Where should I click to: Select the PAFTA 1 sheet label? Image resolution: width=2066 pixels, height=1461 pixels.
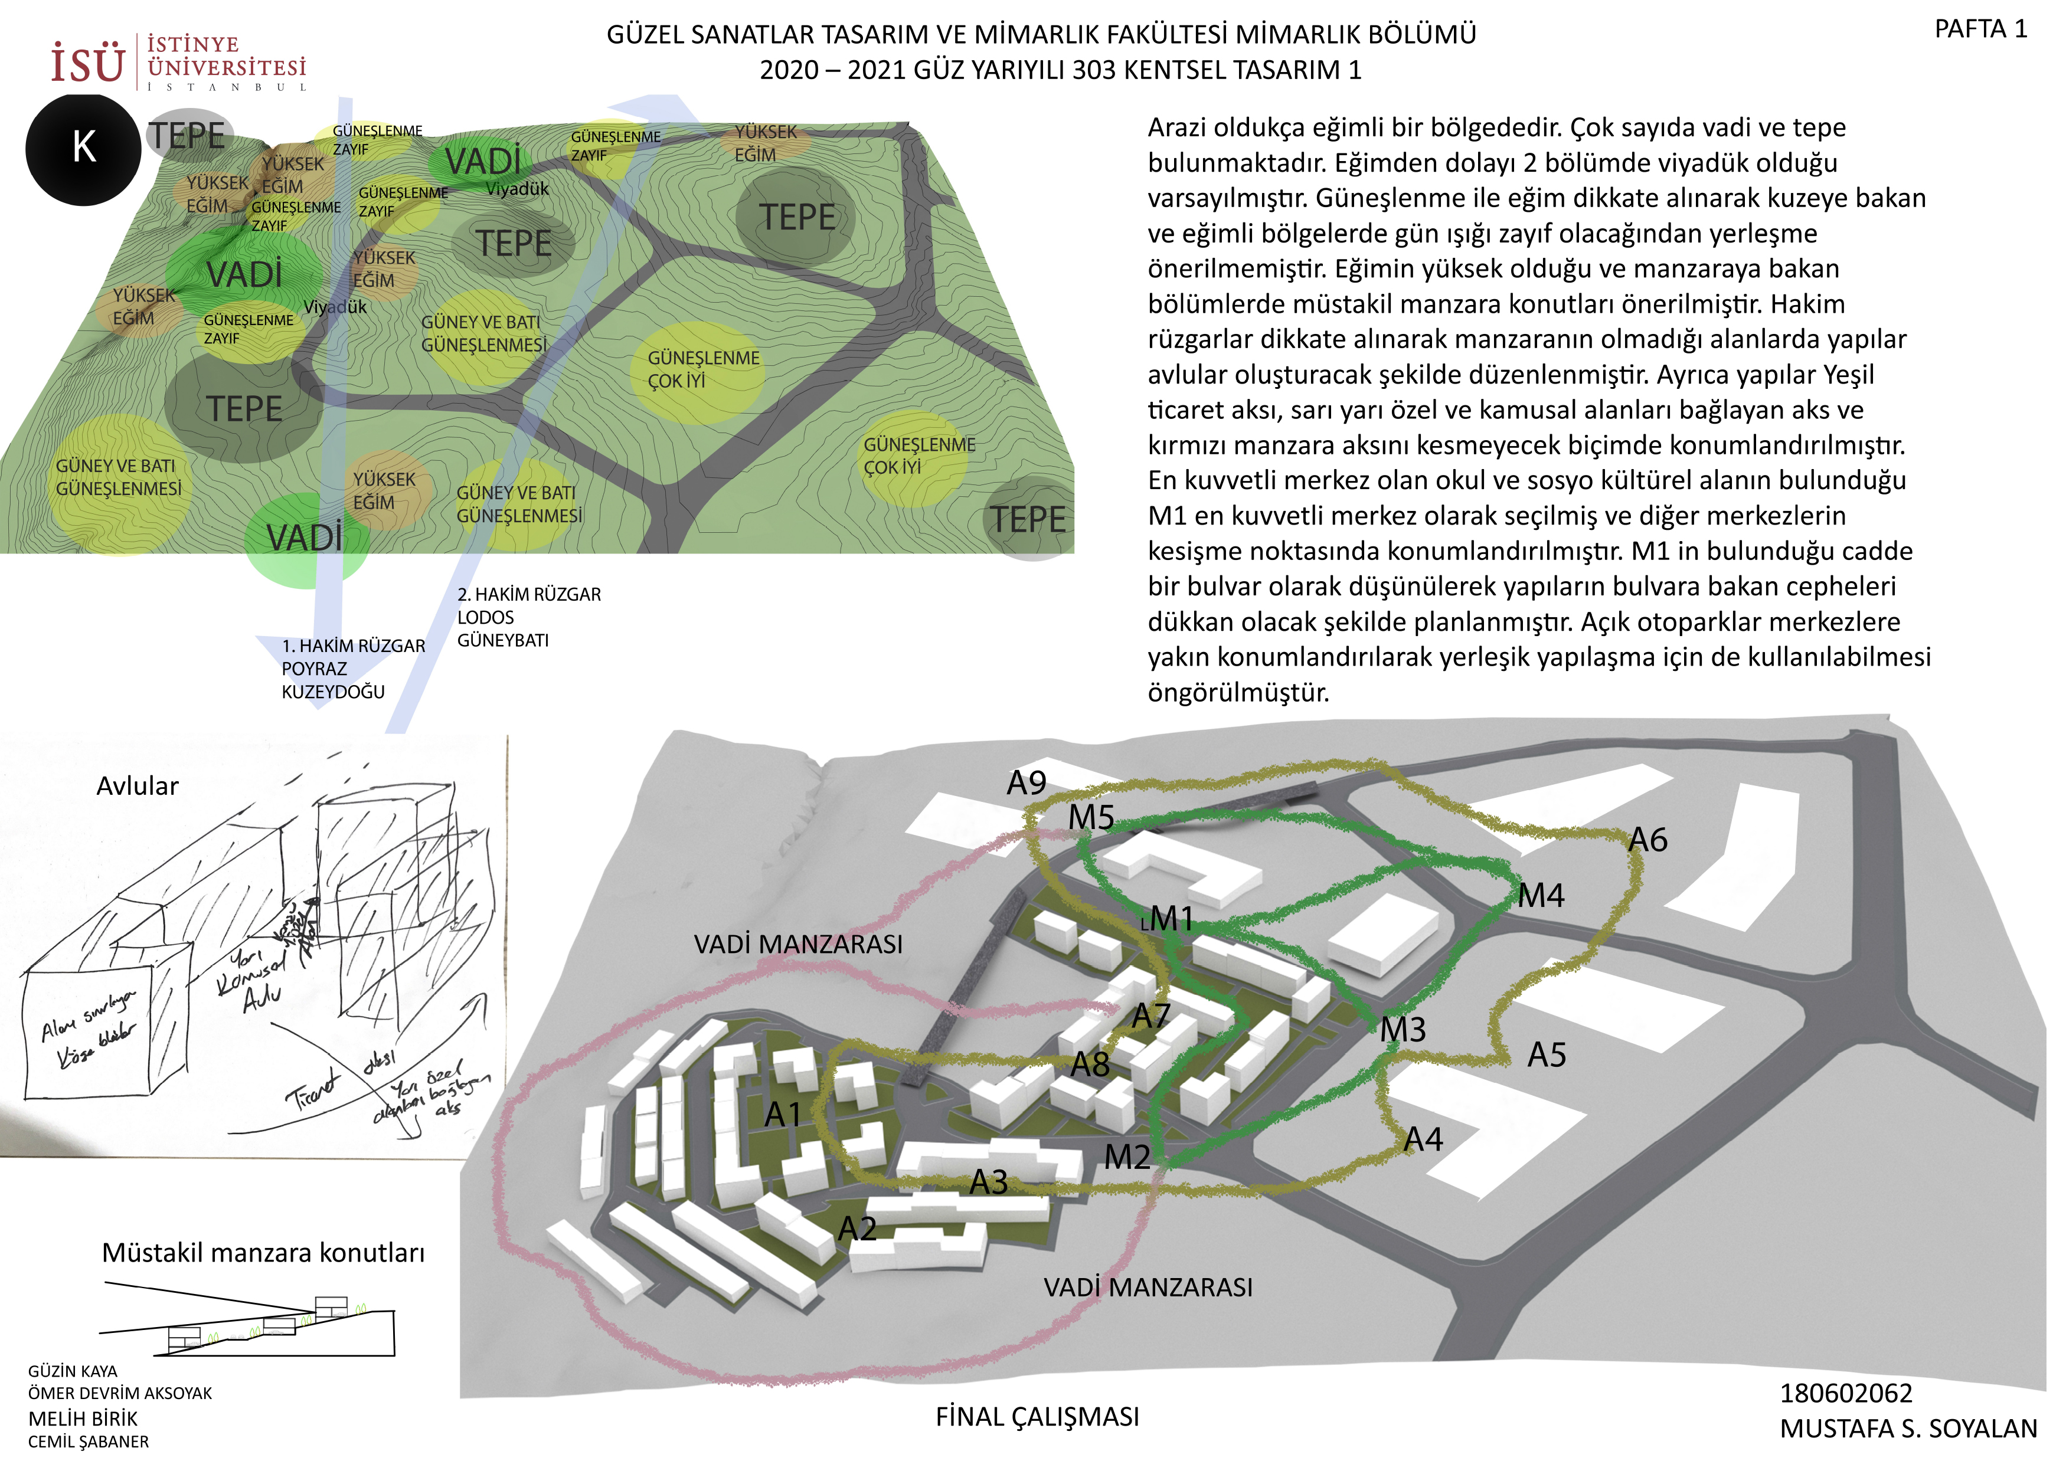pyautogui.click(x=1980, y=30)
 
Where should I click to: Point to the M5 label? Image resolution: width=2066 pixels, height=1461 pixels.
pyautogui.click(x=1091, y=818)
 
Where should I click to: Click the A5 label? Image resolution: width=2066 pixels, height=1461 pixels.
pyautogui.click(x=1547, y=1054)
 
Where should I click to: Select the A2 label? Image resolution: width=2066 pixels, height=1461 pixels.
pyautogui.click(x=857, y=1229)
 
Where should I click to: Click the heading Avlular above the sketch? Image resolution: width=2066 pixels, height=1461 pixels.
pyautogui.click(x=138, y=787)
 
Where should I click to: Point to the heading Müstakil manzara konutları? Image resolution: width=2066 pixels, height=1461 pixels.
pyautogui.click(x=263, y=1252)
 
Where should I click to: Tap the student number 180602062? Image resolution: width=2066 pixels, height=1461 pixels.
pyautogui.click(x=1846, y=1394)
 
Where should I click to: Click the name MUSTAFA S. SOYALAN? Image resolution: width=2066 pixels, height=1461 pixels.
pyautogui.click(x=1908, y=1429)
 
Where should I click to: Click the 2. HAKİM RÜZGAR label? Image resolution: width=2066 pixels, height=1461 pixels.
pyautogui.click(x=529, y=595)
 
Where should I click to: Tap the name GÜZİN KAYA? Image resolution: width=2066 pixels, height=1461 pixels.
pyautogui.click(x=73, y=1371)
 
